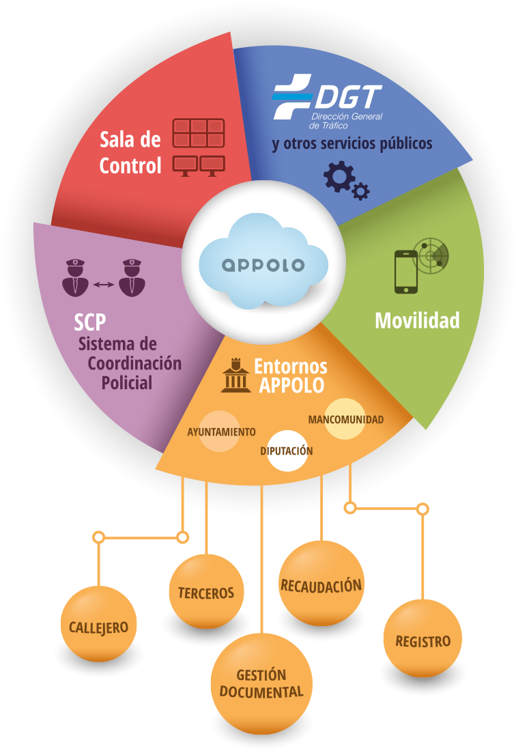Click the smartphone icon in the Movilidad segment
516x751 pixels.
[x=406, y=272]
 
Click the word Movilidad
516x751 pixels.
[x=417, y=320]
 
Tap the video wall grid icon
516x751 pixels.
[x=198, y=133]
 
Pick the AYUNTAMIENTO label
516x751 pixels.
[x=221, y=432]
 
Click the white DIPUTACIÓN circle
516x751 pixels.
[x=287, y=451]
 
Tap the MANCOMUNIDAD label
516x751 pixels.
[x=345, y=419]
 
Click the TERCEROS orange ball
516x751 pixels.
[x=206, y=592]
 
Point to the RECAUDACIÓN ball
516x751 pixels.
[x=321, y=584]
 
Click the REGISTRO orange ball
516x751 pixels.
[x=423, y=640]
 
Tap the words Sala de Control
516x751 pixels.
[x=130, y=152]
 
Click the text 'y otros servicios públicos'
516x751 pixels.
[x=352, y=145]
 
